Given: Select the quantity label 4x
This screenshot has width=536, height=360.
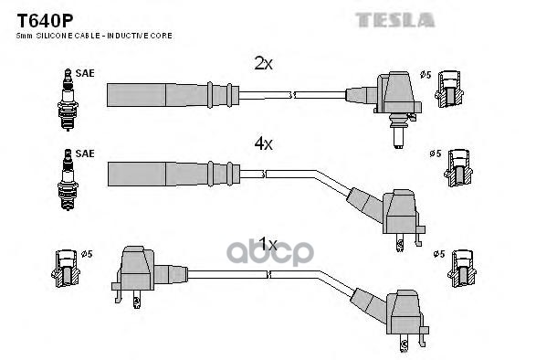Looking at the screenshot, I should pos(264,144).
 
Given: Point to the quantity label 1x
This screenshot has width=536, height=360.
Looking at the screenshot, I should pos(267,245).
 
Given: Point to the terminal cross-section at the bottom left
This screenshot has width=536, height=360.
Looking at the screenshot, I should pos(66,268).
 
